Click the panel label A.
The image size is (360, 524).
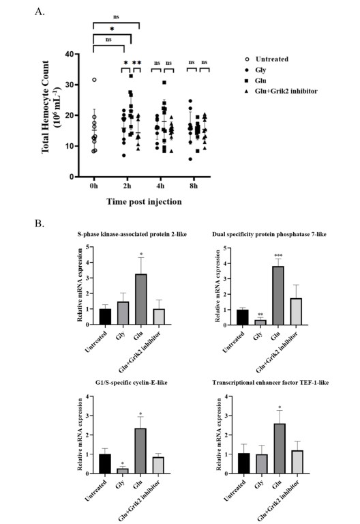[x=40, y=12]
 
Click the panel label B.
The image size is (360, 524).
[x=40, y=224]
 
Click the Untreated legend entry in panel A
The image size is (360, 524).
[x=272, y=59]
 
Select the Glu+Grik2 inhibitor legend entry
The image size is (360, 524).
[x=286, y=91]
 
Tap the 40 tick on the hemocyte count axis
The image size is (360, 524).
[x=70, y=54]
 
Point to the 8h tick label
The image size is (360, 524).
[x=194, y=186]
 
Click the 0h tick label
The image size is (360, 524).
[x=94, y=186]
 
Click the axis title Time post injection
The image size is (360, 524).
[x=144, y=202]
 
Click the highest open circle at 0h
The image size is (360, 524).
[x=94, y=80]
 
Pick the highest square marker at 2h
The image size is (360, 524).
[x=131, y=76]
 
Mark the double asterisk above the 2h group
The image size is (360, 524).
[x=137, y=63]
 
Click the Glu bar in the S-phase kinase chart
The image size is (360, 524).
[x=141, y=299]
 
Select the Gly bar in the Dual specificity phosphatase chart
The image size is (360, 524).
[x=260, y=322]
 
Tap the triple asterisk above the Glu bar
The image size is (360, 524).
[x=278, y=256]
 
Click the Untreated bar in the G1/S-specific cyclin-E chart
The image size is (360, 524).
[x=105, y=464]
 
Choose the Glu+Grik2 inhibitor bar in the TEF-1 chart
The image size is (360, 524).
[x=297, y=462]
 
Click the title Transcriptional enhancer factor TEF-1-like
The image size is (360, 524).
[x=270, y=383]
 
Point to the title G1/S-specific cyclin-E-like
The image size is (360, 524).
[x=131, y=383]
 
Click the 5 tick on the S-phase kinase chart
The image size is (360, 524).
[x=87, y=247]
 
